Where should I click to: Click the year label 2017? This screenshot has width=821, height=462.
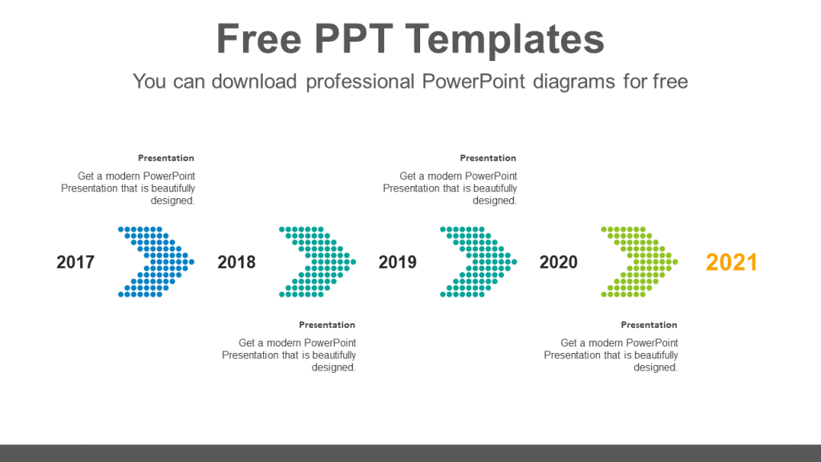[x=75, y=262]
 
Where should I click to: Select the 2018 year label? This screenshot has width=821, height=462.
[x=237, y=262]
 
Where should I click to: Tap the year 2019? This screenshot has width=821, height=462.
[x=398, y=262]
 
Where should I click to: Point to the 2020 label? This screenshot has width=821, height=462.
[x=558, y=262]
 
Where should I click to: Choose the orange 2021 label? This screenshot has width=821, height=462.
[x=731, y=262]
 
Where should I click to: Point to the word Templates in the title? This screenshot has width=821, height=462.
[x=506, y=39]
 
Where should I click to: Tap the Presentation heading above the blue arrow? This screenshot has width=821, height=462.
[x=166, y=158]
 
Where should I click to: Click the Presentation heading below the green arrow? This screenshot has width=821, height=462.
[x=649, y=325]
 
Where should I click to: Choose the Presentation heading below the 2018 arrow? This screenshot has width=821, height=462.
[x=327, y=325]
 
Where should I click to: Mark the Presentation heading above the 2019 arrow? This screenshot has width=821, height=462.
[x=488, y=158]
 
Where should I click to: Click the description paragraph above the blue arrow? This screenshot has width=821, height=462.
[x=128, y=188]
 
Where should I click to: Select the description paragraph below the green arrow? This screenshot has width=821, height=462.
[x=611, y=355]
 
